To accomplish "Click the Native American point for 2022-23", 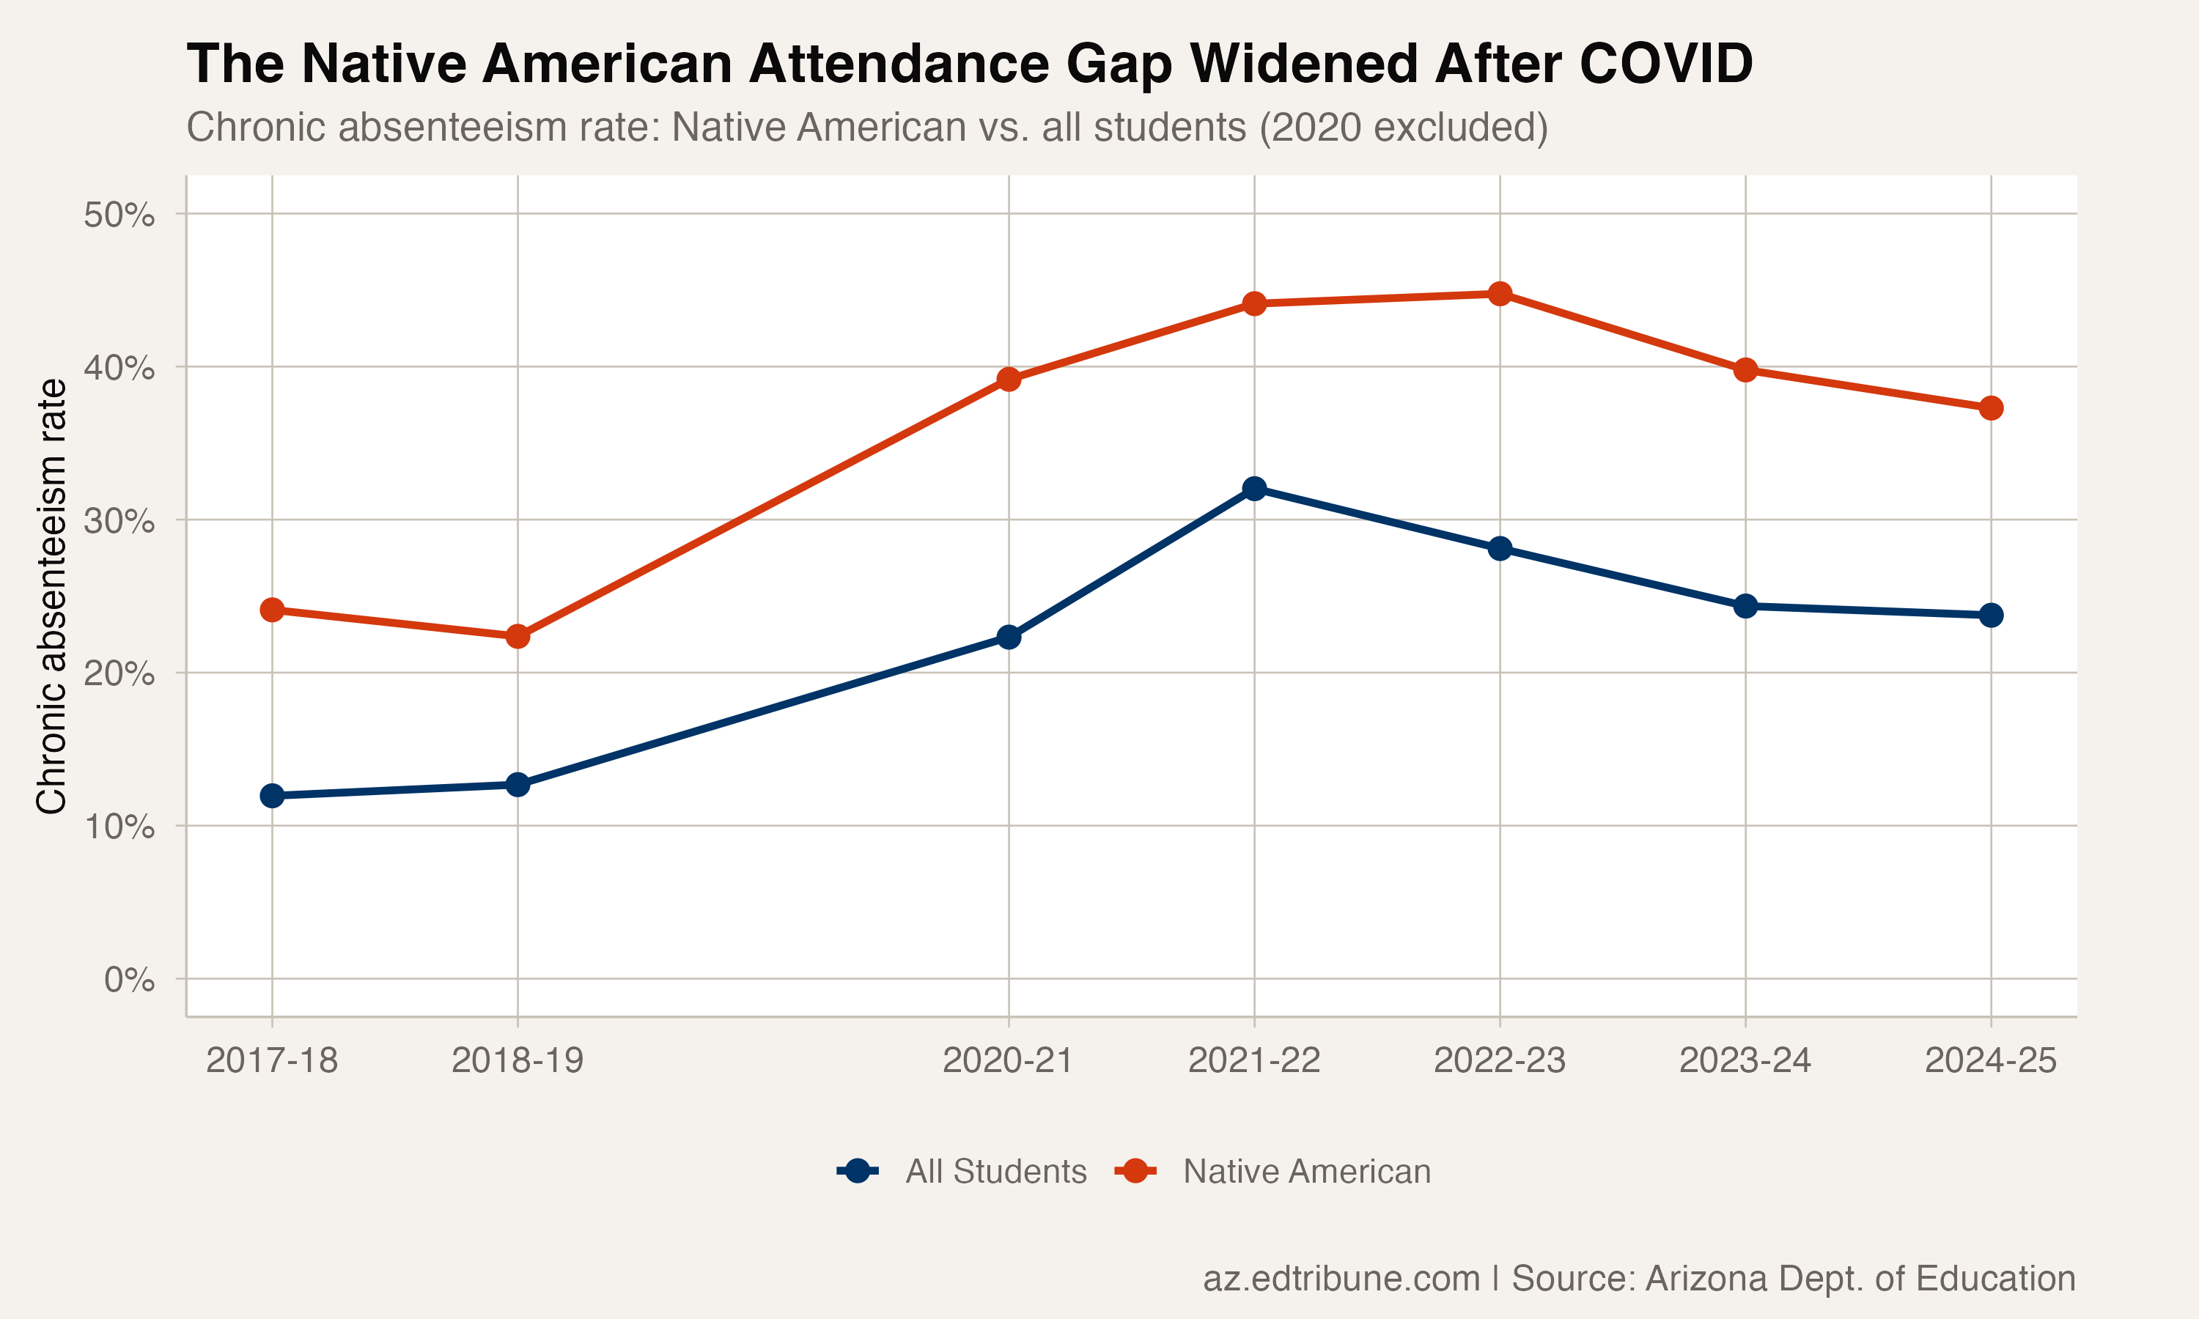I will coord(1500,293).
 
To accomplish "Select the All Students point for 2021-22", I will coord(1254,488).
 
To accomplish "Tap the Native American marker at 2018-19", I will coord(517,636).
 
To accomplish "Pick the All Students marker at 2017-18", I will coord(272,796).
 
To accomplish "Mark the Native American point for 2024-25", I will coord(1991,408).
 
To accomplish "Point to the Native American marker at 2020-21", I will coord(1009,380).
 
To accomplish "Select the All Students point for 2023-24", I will coord(1746,606).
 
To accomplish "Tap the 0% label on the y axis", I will coord(129,980).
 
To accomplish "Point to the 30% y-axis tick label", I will coord(119,521).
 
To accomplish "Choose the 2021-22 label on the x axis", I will coord(1254,1060).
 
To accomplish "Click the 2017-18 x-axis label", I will coord(272,1060).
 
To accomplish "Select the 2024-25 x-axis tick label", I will coord(1991,1060).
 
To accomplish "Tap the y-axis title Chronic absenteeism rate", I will coord(51,596).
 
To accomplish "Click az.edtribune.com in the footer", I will coord(1341,1278).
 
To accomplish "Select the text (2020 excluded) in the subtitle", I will coord(1404,127).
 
